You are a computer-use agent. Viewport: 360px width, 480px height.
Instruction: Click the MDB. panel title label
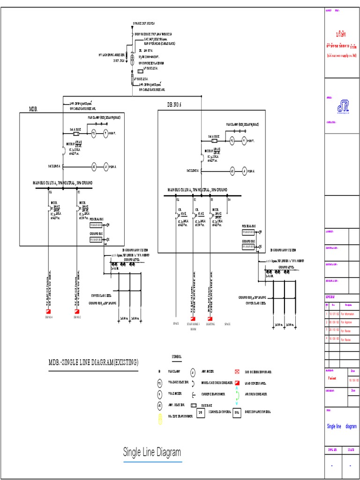click(33, 109)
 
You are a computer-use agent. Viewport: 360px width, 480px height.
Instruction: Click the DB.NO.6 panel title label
click(174, 104)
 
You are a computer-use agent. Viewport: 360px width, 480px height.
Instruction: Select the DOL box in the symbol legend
click(237, 412)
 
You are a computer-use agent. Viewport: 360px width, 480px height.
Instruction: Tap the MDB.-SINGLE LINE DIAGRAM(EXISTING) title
click(94, 362)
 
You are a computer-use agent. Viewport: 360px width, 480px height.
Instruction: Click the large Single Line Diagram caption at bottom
click(152, 452)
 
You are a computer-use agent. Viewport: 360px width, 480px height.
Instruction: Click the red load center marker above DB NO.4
click(49, 312)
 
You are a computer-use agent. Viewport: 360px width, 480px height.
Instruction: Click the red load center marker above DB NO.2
click(77, 312)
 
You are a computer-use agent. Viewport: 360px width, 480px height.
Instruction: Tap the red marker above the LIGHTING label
click(210, 318)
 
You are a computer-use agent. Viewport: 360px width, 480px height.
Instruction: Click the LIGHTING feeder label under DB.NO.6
click(210, 324)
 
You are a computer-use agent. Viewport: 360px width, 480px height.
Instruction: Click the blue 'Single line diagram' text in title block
click(341, 427)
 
